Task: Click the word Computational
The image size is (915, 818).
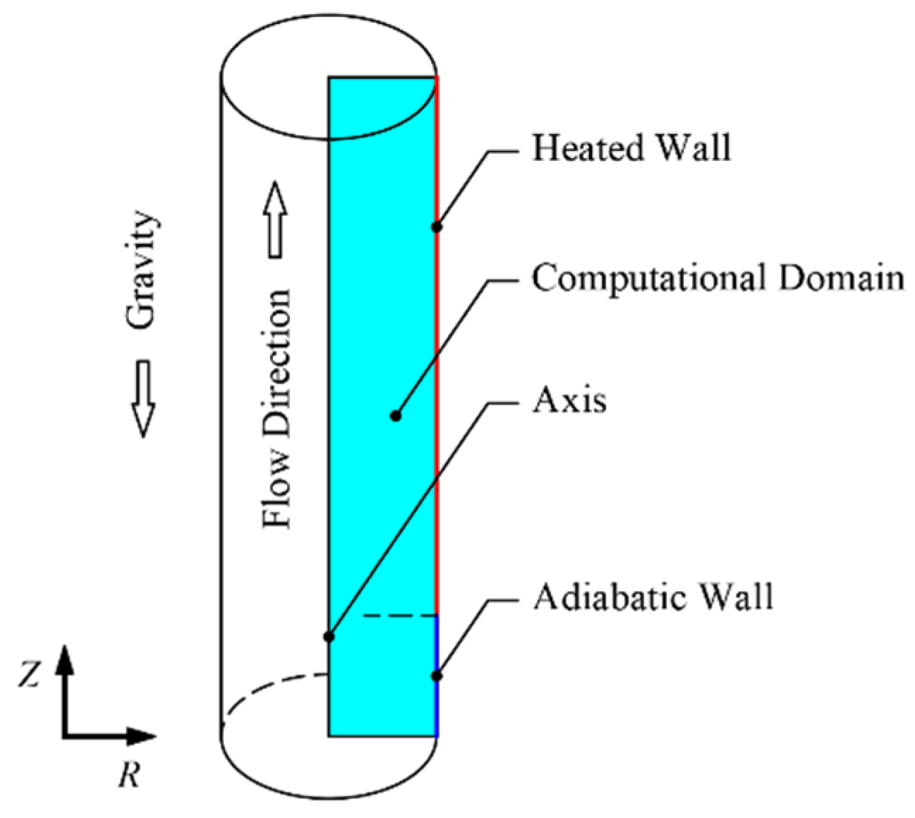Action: tap(649, 279)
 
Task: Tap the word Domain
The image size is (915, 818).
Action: tap(841, 278)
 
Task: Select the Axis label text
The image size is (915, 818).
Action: tap(569, 401)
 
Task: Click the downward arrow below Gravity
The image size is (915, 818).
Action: tap(143, 398)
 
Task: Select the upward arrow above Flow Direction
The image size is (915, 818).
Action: tap(275, 219)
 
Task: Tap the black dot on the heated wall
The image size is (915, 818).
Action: tap(437, 226)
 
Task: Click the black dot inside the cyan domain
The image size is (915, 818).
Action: tap(396, 416)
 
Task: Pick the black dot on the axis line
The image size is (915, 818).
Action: tap(329, 637)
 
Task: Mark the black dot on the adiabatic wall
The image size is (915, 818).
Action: tap(437, 676)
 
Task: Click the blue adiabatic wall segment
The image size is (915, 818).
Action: tap(437, 705)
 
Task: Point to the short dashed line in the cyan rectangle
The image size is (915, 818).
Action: tap(400, 616)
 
